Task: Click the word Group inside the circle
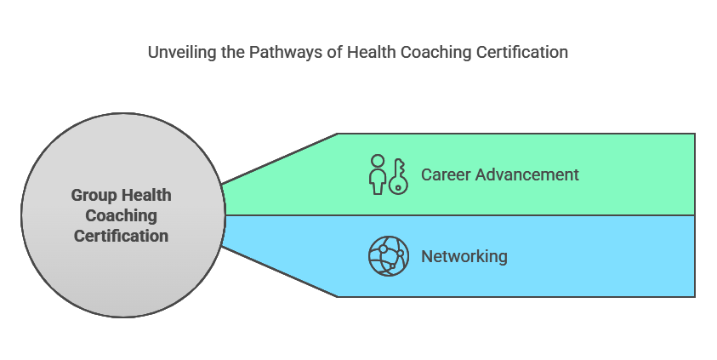click(93, 195)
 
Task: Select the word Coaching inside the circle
click(121, 215)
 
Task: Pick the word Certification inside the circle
click(121, 236)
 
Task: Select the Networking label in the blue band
click(464, 256)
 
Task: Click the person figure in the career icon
click(377, 175)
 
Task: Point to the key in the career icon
click(398, 175)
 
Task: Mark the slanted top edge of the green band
click(280, 158)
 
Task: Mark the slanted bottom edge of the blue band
click(280, 271)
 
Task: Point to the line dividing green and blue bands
click(459, 215)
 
